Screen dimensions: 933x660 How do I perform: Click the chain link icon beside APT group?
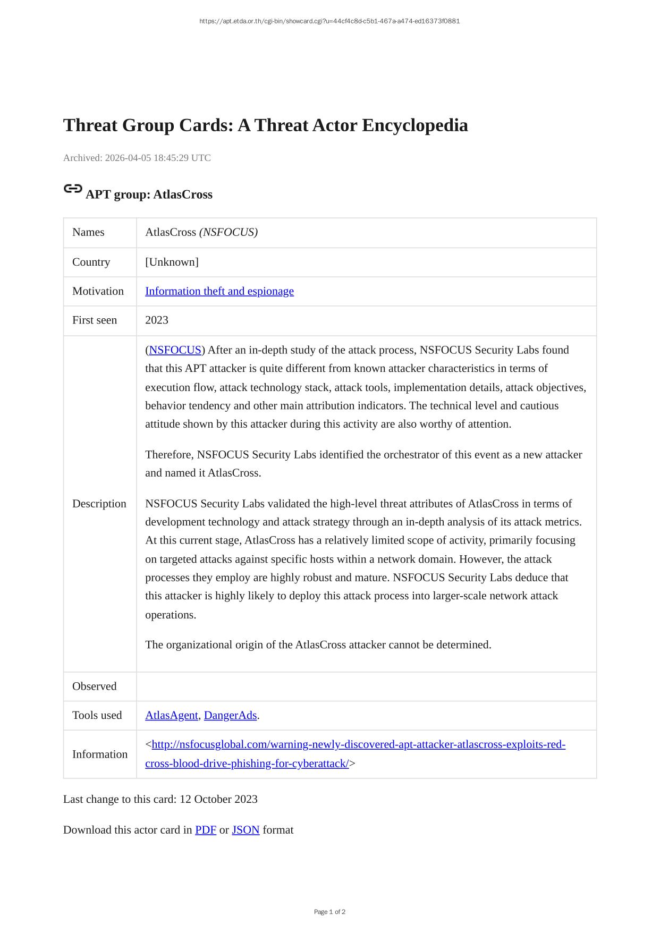(x=73, y=189)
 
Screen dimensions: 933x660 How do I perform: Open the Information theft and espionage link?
(x=219, y=291)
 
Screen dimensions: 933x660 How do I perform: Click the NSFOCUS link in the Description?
(x=175, y=350)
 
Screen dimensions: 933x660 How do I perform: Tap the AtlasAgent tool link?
(x=171, y=716)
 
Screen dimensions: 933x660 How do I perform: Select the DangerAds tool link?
(x=230, y=716)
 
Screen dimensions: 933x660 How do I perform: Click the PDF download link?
(x=205, y=830)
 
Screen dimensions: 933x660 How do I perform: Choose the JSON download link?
(x=246, y=830)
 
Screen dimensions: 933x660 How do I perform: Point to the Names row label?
(x=88, y=232)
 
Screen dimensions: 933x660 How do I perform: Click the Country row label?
(x=91, y=262)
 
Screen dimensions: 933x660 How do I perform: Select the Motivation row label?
(x=98, y=291)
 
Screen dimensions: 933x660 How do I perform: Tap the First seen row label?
(x=95, y=320)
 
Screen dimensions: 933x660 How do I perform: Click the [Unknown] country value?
(x=172, y=262)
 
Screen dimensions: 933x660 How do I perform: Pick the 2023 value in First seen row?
(x=157, y=320)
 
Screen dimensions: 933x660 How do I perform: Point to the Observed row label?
(x=94, y=686)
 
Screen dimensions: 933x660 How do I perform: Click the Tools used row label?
(x=97, y=716)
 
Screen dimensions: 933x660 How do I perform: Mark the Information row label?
(x=100, y=754)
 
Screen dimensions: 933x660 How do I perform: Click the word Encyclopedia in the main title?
(x=415, y=125)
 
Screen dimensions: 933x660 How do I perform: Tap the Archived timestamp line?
(x=137, y=158)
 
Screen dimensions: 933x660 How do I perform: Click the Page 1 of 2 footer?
(x=329, y=912)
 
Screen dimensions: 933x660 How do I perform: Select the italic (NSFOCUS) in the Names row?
(x=229, y=232)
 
